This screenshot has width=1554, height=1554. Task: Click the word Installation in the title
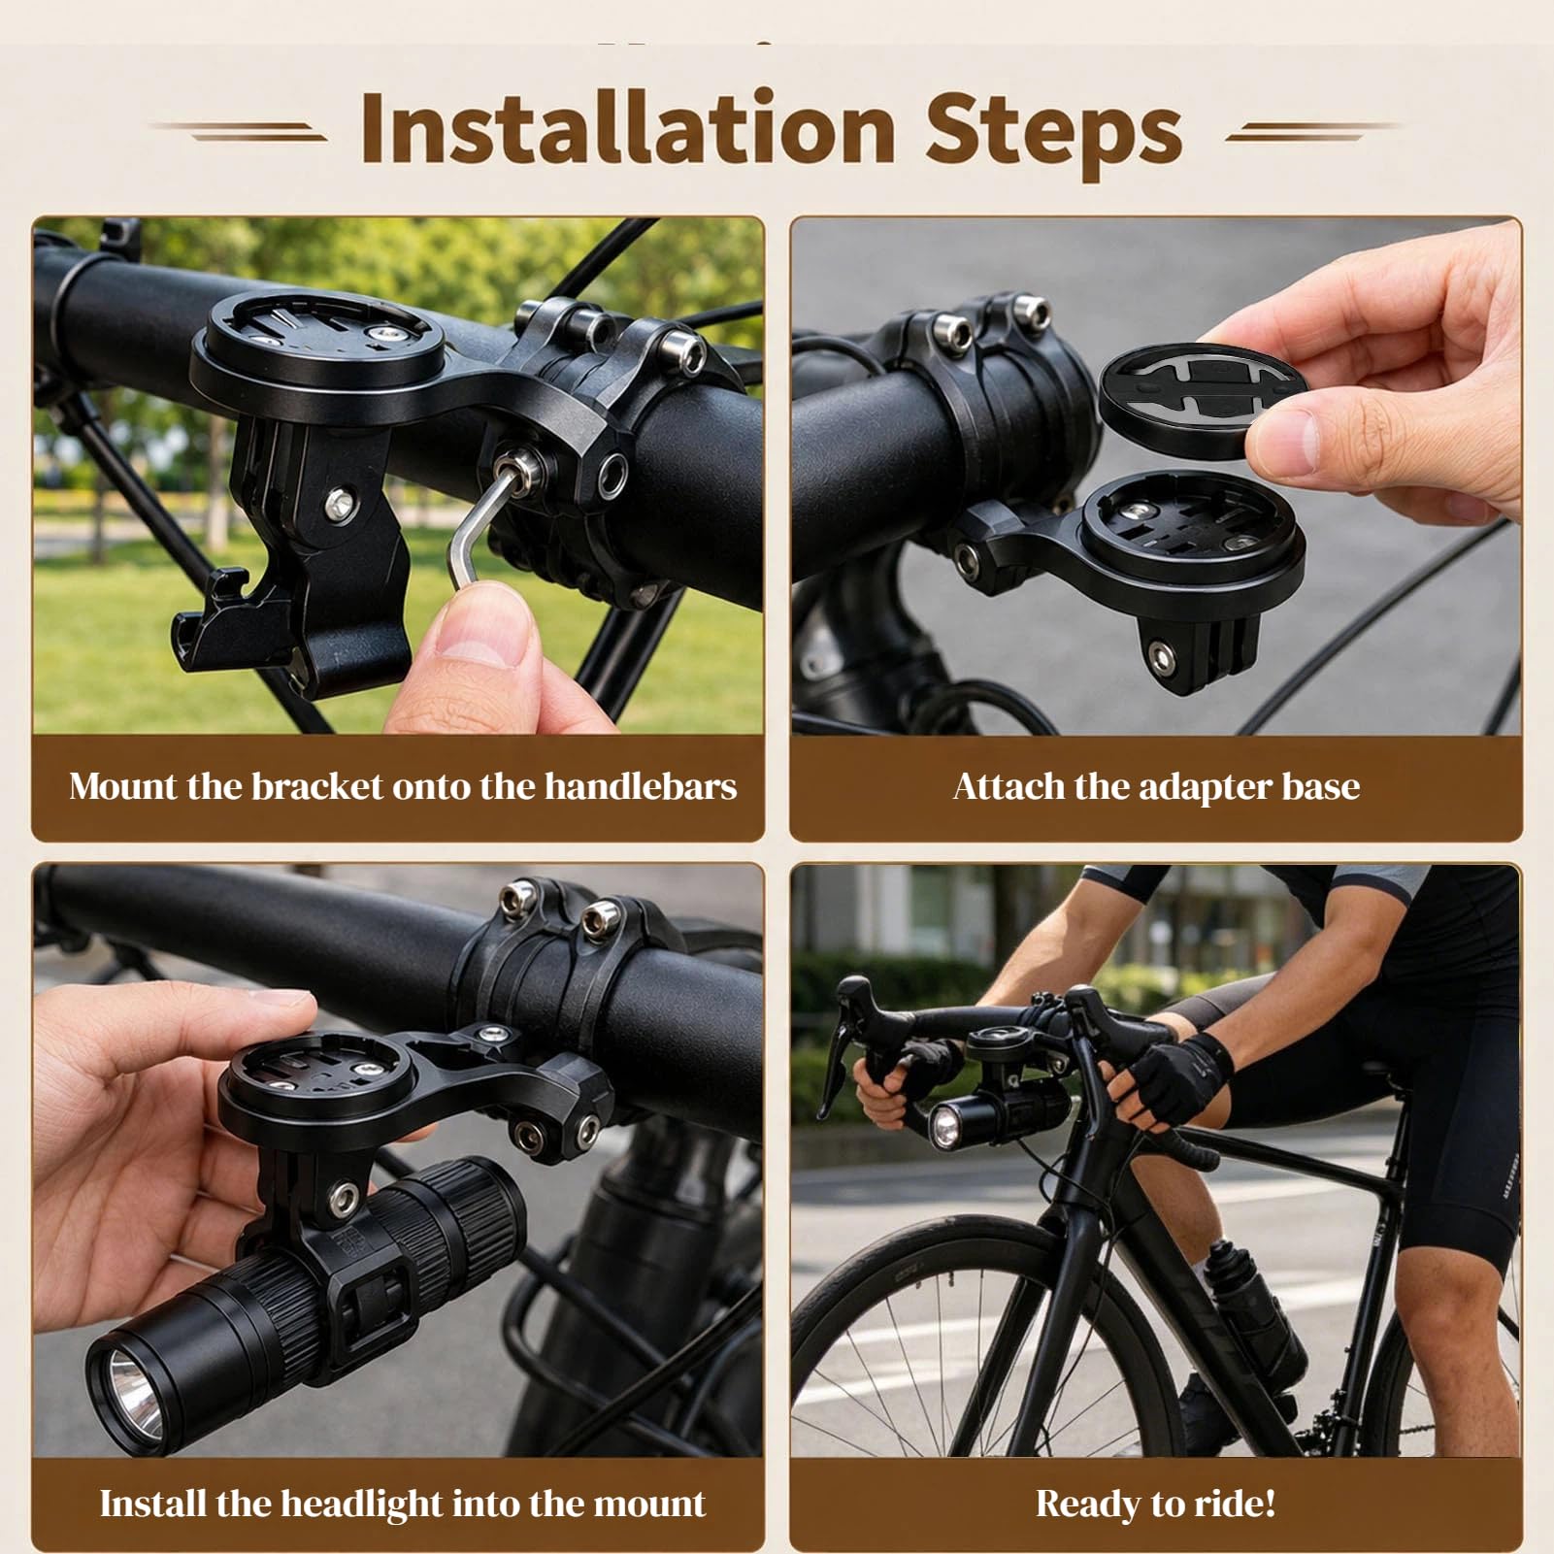[x=627, y=128]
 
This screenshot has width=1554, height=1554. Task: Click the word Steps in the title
[x=1053, y=133]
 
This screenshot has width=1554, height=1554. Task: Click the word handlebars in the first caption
[x=640, y=786]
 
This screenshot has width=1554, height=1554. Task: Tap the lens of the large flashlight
[x=127, y=1374]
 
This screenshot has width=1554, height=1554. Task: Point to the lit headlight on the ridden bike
[x=944, y=1128]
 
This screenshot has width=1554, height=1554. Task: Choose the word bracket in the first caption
[x=318, y=786]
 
